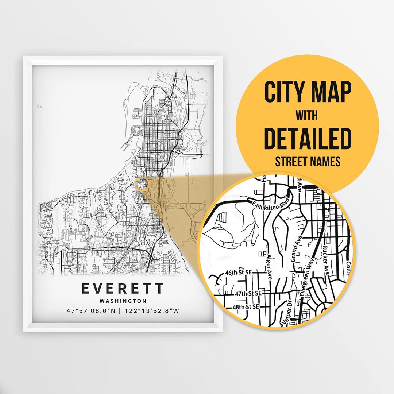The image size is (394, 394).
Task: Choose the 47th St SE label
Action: point(249,293)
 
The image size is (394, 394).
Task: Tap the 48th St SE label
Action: point(246,307)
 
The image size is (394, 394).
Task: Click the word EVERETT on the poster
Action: point(123,289)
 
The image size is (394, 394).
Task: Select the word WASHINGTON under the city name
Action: point(123,301)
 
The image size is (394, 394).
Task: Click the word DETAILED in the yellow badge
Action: point(307,138)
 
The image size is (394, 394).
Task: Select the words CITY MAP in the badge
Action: point(308,92)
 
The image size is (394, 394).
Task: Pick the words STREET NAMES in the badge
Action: point(307,161)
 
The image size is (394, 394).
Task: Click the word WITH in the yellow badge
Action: point(307,116)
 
